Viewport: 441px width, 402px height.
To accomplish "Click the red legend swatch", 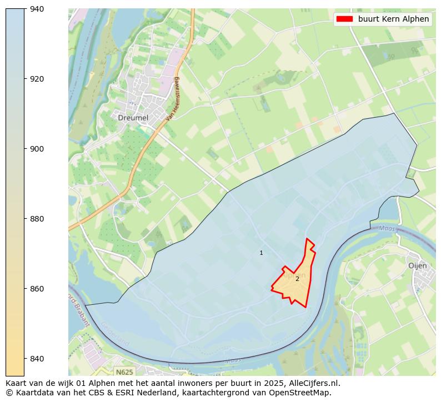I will click(x=344, y=19).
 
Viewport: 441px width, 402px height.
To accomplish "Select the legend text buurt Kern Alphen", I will click(x=393, y=19).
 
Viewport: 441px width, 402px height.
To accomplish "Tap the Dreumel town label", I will click(x=133, y=118).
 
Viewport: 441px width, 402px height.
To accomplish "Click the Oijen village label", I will click(x=417, y=265).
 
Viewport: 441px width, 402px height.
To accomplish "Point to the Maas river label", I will click(x=387, y=229).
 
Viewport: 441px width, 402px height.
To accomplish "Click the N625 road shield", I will click(x=124, y=371).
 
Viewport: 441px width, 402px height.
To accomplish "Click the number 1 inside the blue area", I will click(x=261, y=253).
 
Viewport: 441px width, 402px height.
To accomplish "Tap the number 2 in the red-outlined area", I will click(x=297, y=279).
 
